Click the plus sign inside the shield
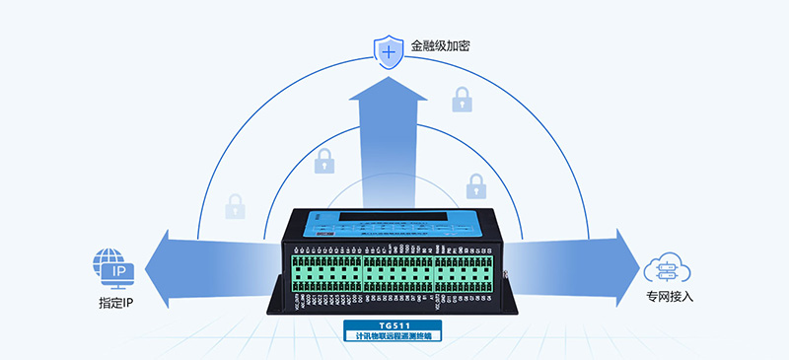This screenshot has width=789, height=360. coord(391,50)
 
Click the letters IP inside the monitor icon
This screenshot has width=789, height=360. coord(117,270)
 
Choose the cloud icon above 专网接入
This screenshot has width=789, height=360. coord(666,267)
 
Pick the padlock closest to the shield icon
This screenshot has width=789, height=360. coord(462,100)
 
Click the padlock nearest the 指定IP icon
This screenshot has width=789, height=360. coord(235,206)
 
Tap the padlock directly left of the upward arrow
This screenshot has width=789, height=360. coord(324,160)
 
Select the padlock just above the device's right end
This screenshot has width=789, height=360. coord(476,184)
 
